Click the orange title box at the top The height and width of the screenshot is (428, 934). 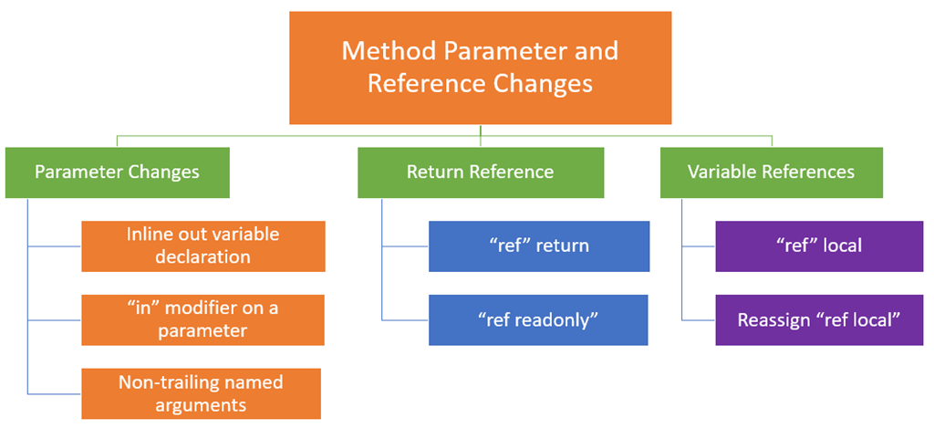[481, 67]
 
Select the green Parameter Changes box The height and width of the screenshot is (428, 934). [117, 172]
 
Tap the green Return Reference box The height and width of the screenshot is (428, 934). [480, 172]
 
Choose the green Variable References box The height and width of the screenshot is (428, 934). [771, 172]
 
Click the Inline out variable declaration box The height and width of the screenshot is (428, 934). [202, 245]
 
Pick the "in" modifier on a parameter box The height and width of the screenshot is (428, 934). [202, 319]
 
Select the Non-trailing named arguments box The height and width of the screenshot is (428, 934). [201, 393]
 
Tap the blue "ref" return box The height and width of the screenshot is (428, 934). [539, 245]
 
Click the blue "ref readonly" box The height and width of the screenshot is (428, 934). [538, 319]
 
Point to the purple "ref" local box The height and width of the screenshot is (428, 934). [820, 245]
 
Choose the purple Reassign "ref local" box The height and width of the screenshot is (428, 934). [820, 319]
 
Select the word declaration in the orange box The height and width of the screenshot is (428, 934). [202, 257]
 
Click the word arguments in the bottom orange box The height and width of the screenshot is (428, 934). [202, 404]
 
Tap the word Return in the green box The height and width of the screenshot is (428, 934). [434, 172]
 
